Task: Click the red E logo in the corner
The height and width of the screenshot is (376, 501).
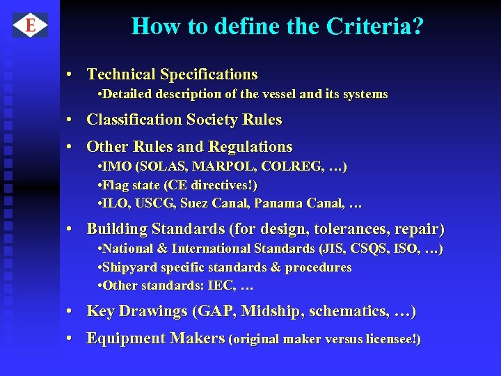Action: tap(30, 26)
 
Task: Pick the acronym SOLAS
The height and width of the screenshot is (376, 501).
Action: tap(164, 167)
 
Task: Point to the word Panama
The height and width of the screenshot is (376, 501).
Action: tap(277, 203)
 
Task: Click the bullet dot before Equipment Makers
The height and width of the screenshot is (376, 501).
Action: tap(71, 338)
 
